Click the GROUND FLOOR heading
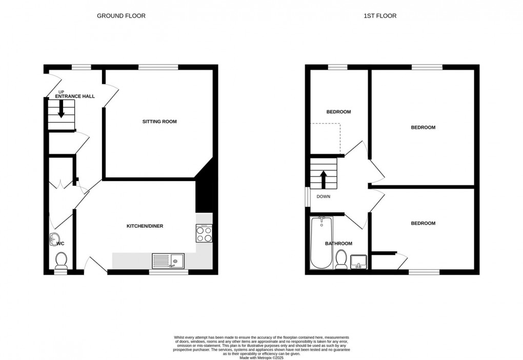coord(121,16)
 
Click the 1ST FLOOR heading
coord(380,16)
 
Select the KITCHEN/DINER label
coord(145,226)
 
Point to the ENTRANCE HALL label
coord(75,96)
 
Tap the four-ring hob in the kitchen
coord(204,234)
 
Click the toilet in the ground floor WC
coord(61,260)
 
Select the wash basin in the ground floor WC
coord(55,239)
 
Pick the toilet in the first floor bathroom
coord(341,260)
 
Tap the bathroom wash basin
coord(359,262)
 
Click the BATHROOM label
coord(338,244)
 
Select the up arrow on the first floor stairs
coord(323,180)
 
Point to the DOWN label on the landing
coord(324,196)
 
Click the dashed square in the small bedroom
coord(326,138)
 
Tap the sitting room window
coord(158,67)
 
